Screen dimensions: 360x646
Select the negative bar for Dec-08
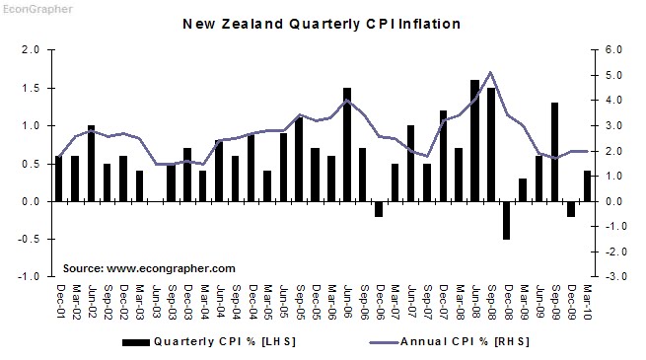pyautogui.click(x=507, y=220)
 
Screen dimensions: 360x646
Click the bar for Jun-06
pyautogui.click(x=347, y=144)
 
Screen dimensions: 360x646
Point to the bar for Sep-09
pyautogui.click(x=555, y=152)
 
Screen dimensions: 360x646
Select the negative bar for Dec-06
pyautogui.click(x=379, y=209)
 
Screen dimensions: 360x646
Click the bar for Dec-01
pyautogui.click(x=59, y=179)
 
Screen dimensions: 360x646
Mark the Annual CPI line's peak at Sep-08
pyautogui.click(x=491, y=72)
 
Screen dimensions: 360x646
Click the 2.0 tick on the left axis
pyautogui.click(x=31, y=49)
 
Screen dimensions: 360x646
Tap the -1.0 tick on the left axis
pyautogui.click(x=29, y=277)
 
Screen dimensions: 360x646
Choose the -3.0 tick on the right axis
pyautogui.click(x=612, y=277)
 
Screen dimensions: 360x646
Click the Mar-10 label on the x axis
pyautogui.click(x=588, y=301)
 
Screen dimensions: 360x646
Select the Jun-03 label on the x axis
pyautogui.click(x=156, y=301)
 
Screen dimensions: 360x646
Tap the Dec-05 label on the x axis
pyautogui.click(x=316, y=301)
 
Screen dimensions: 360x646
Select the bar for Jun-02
pyautogui.click(x=92, y=164)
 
